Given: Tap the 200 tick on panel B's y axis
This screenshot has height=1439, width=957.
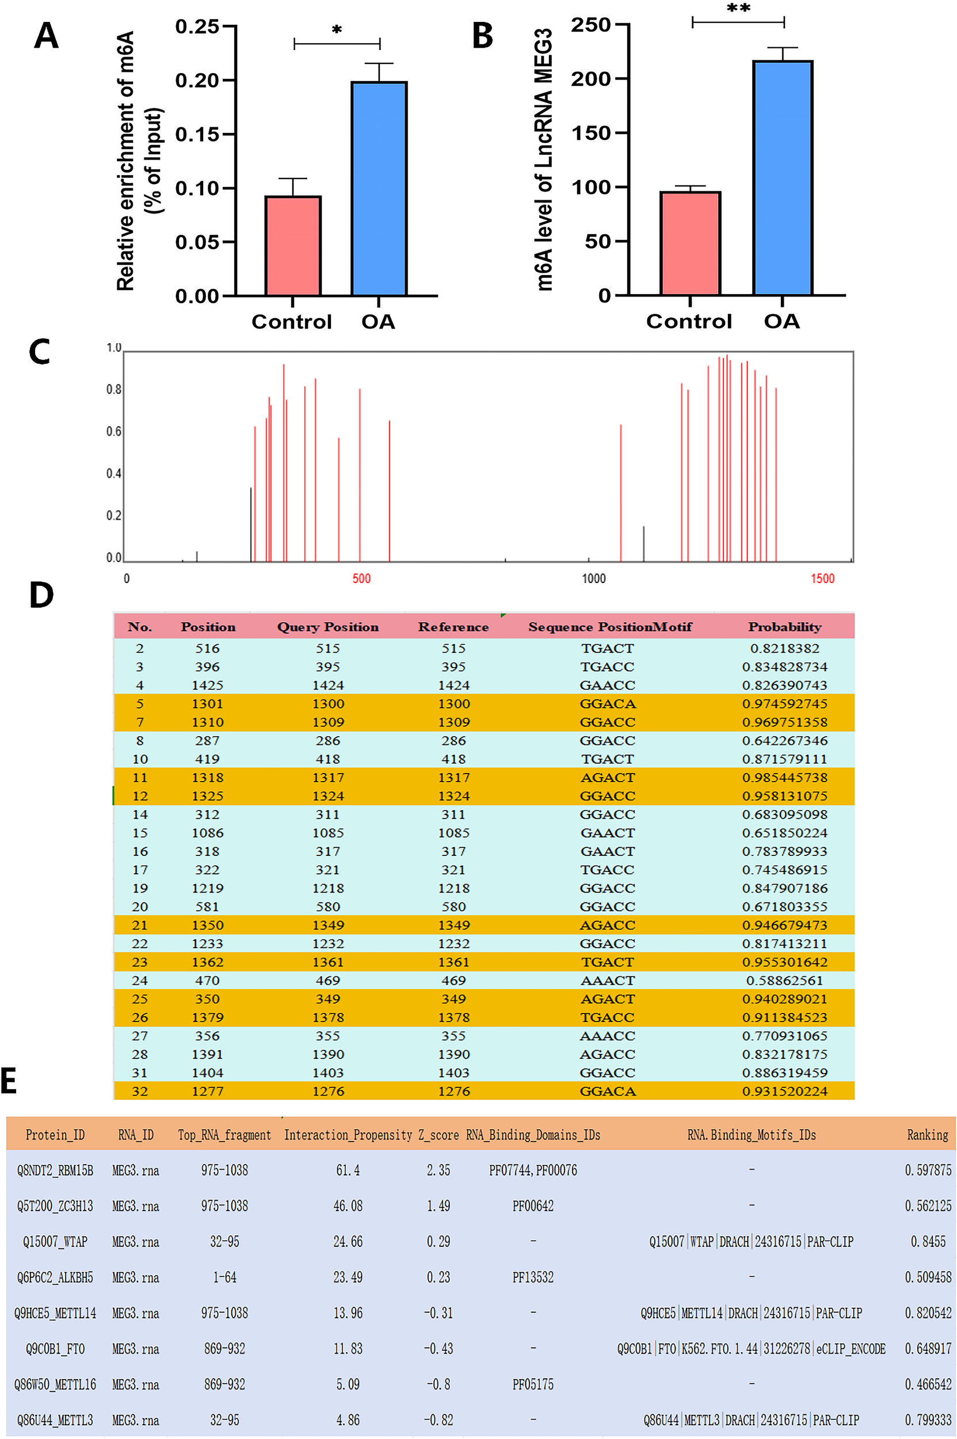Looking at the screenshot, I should coord(591,79).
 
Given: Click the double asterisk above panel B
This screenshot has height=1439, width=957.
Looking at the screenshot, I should coord(738,9).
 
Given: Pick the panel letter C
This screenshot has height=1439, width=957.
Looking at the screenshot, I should coord(40,352).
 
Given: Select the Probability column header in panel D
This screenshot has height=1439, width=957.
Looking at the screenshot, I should coord(784,626).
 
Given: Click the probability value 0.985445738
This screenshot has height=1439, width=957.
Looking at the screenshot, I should coord(784,777).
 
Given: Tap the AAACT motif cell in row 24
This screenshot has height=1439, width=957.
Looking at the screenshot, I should coord(607,980).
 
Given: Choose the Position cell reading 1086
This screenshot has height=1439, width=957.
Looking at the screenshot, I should coord(208,833).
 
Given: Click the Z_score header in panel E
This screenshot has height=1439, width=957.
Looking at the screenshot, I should coord(439,1135).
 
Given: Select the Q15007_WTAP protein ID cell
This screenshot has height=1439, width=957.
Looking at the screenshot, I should coord(55,1241).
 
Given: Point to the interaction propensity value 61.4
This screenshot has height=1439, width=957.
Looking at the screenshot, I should coord(348,1170).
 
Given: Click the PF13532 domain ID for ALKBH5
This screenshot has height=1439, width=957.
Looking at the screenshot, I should coord(533,1277).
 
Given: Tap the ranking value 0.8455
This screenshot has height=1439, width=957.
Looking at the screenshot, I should coord(928,1241).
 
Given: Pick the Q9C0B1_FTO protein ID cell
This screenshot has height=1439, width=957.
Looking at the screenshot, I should coord(55,1348).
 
